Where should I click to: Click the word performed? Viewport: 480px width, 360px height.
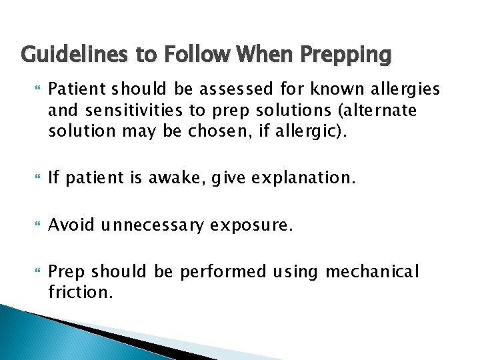(x=218, y=272)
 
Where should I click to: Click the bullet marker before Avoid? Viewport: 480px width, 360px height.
(x=26, y=225)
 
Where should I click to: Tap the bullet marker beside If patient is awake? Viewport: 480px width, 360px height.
(x=26, y=178)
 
